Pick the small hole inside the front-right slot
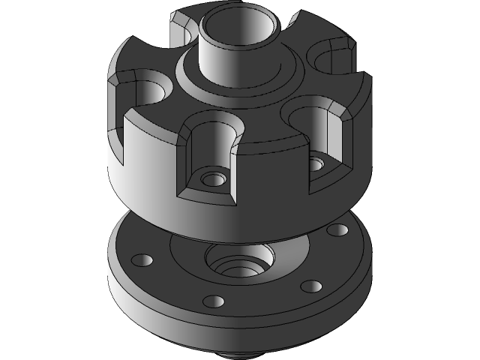[x=318, y=161]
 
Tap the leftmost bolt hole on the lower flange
[x=141, y=260]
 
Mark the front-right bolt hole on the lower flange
[x=309, y=286]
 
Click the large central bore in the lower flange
[x=240, y=262]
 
